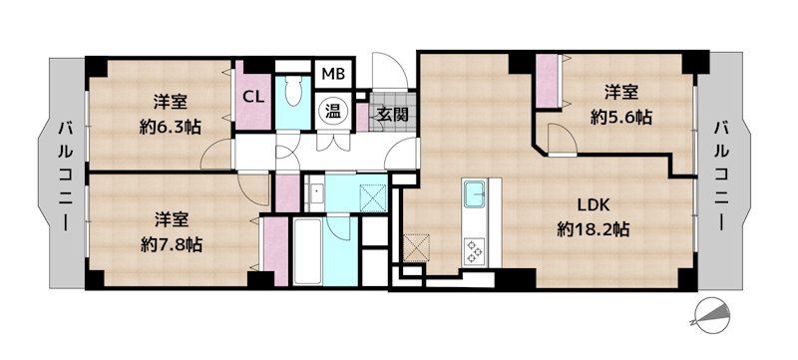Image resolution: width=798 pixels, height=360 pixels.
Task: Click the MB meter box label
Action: point(333,74)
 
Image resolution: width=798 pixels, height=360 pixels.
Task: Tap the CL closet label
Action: point(253,97)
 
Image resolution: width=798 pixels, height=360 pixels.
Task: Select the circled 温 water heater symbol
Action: point(333,111)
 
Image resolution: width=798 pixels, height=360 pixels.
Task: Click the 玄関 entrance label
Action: point(394,114)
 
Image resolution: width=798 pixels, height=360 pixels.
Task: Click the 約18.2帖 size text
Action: point(593,230)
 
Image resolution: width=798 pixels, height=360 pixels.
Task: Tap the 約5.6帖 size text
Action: point(620,118)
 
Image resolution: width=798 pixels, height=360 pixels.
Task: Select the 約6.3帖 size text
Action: point(170,126)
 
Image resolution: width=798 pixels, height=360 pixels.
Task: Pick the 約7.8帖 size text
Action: point(172,245)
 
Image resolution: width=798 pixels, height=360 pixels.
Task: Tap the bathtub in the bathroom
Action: point(307,251)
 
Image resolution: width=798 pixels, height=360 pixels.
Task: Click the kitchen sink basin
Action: point(474,194)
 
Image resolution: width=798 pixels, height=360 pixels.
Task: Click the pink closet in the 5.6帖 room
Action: point(547,82)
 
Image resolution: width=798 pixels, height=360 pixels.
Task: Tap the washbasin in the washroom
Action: point(316,192)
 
